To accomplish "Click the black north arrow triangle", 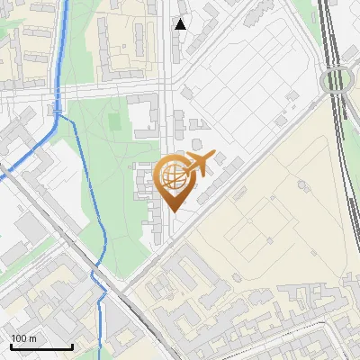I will (181, 24).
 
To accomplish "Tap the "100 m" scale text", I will (24, 338).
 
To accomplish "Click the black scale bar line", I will (41, 346).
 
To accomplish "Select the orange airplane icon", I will (199, 164).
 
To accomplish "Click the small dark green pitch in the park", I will (113, 119).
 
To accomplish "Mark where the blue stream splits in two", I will (59, 113).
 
